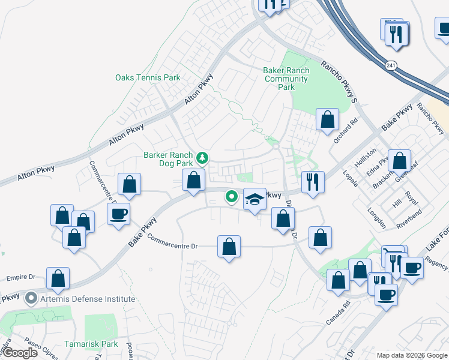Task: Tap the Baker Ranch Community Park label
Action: click(x=286, y=79)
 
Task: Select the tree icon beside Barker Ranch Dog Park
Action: click(x=203, y=158)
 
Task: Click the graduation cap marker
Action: click(x=255, y=199)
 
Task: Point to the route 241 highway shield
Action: click(x=391, y=65)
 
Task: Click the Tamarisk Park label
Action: click(x=91, y=344)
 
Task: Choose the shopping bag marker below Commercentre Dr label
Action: click(x=229, y=246)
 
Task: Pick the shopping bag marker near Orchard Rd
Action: click(x=327, y=119)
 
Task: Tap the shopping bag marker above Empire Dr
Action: click(x=58, y=278)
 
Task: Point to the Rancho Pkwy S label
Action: click(x=339, y=82)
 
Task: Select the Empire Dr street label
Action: click(x=21, y=278)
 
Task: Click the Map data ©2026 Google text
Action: click(x=412, y=355)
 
